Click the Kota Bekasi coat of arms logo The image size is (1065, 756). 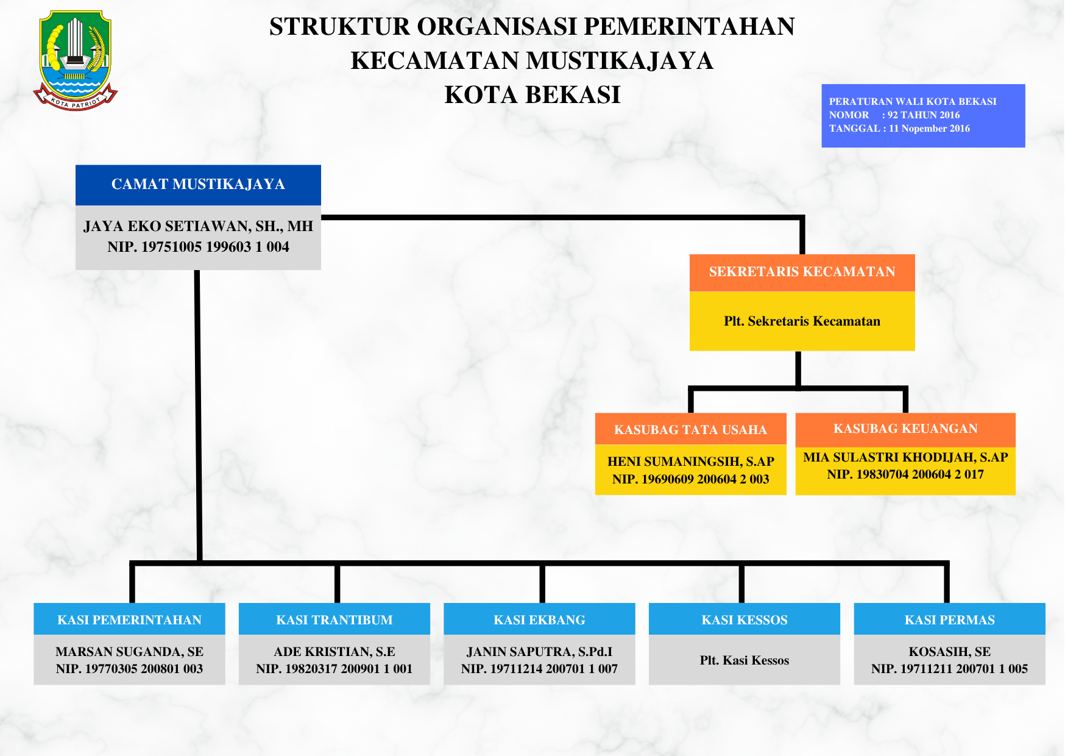tap(75, 60)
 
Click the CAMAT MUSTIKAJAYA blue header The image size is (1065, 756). tap(198, 184)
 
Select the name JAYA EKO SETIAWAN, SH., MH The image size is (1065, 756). tap(198, 226)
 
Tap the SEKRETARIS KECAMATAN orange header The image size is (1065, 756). tap(802, 272)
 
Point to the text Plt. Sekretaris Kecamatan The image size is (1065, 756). tap(802, 321)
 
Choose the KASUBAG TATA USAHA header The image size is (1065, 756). tap(690, 430)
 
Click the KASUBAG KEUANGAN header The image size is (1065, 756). tap(905, 429)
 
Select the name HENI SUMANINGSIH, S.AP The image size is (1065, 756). tap(690, 462)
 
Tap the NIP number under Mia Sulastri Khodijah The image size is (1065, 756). tap(905, 474)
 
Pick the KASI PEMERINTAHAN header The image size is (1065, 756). tap(129, 620)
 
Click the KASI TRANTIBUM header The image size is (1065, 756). tap(334, 620)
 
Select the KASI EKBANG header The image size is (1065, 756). tap(539, 620)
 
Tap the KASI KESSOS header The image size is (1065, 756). tap(745, 620)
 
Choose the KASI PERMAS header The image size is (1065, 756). tap(949, 620)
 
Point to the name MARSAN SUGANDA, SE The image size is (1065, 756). tap(129, 652)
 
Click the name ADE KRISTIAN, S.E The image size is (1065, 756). tap(334, 652)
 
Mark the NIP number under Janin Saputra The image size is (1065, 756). tap(539, 669)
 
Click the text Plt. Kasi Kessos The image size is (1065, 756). tap(745, 660)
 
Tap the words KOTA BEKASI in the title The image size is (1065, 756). tap(532, 95)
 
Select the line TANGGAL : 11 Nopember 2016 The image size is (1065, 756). tap(899, 129)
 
